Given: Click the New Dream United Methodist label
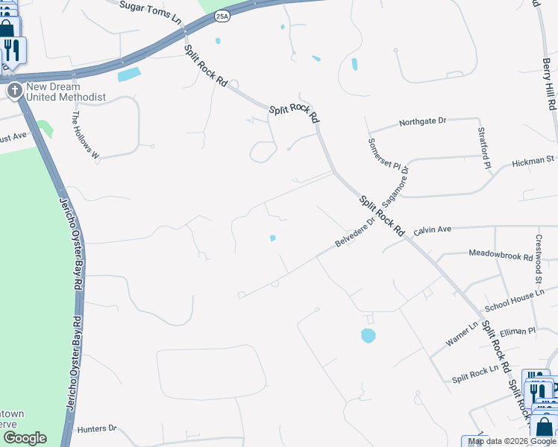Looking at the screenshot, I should [66, 92].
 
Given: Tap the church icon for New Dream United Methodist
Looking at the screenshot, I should [13, 91].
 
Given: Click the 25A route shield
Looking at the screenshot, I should [222, 15].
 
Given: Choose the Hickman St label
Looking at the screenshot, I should [533, 159].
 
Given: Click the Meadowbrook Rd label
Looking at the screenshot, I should [501, 254].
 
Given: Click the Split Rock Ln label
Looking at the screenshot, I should [474, 379].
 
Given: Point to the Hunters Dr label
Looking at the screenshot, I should [97, 428].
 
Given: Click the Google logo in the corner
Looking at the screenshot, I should [25, 438].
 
